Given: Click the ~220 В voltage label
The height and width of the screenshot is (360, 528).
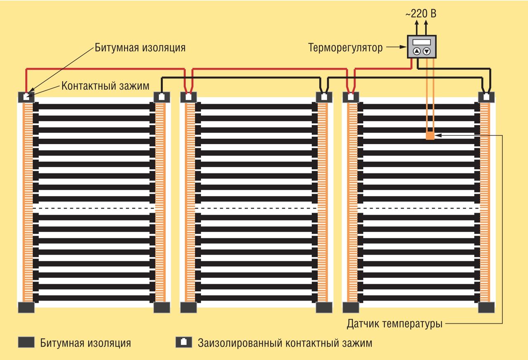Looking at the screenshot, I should pos(421,13).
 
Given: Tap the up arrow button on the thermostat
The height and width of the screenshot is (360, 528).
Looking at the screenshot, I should pos(417,51).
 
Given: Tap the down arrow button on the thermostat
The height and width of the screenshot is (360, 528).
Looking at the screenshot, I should pos(427,51).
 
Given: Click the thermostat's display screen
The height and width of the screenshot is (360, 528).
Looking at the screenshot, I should pos(422,42).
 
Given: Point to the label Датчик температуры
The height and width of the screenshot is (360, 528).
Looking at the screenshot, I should pos(395,324).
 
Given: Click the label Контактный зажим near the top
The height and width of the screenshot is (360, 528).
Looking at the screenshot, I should pos(105,85).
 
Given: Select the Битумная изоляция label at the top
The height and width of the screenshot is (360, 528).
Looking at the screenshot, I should pos(140,47).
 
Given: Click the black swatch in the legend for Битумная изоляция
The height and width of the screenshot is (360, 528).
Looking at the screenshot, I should pos(26,342).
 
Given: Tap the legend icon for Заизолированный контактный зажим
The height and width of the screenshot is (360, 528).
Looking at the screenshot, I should pos(183,342).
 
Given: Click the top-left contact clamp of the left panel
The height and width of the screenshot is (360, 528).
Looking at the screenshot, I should pos(26,97).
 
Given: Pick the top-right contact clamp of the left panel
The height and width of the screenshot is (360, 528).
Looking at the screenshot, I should pos(162,97).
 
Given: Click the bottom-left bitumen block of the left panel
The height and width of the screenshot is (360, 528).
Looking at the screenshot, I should pos(26,307).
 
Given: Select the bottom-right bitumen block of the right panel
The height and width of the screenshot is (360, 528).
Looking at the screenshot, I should pos(486,307).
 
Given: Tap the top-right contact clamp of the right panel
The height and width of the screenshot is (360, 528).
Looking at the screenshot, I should pos(486,97).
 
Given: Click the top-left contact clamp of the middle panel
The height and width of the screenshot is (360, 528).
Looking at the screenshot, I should pos(189,97).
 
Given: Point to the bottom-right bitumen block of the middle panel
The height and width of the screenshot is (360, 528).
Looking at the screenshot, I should pos(324,307).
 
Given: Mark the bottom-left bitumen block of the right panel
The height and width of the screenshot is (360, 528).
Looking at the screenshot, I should pos(351,307).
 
